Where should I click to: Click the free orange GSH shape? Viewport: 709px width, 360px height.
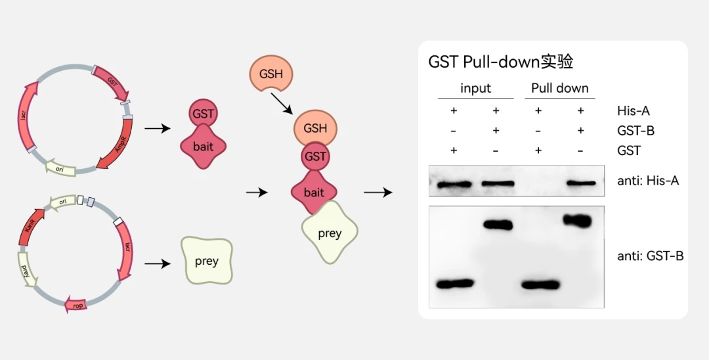pyautogui.click(x=271, y=74)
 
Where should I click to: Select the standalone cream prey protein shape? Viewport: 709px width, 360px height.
pyautogui.click(x=206, y=261)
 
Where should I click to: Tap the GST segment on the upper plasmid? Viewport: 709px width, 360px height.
pyautogui.click(x=113, y=82)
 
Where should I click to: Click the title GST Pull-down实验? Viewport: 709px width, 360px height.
pyautogui.click(x=501, y=62)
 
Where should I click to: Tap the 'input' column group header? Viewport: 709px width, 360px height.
pyautogui.click(x=475, y=88)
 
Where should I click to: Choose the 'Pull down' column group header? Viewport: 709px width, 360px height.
pyautogui.click(x=559, y=88)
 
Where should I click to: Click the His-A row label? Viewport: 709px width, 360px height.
pyautogui.click(x=634, y=110)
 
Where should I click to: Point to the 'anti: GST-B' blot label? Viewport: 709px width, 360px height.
pyautogui.click(x=651, y=256)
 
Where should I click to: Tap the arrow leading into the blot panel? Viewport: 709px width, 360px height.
pyautogui.click(x=378, y=192)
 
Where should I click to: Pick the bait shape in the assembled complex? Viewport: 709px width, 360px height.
pyautogui.click(x=314, y=192)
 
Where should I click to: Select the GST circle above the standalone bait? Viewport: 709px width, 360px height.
pyautogui.click(x=204, y=114)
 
